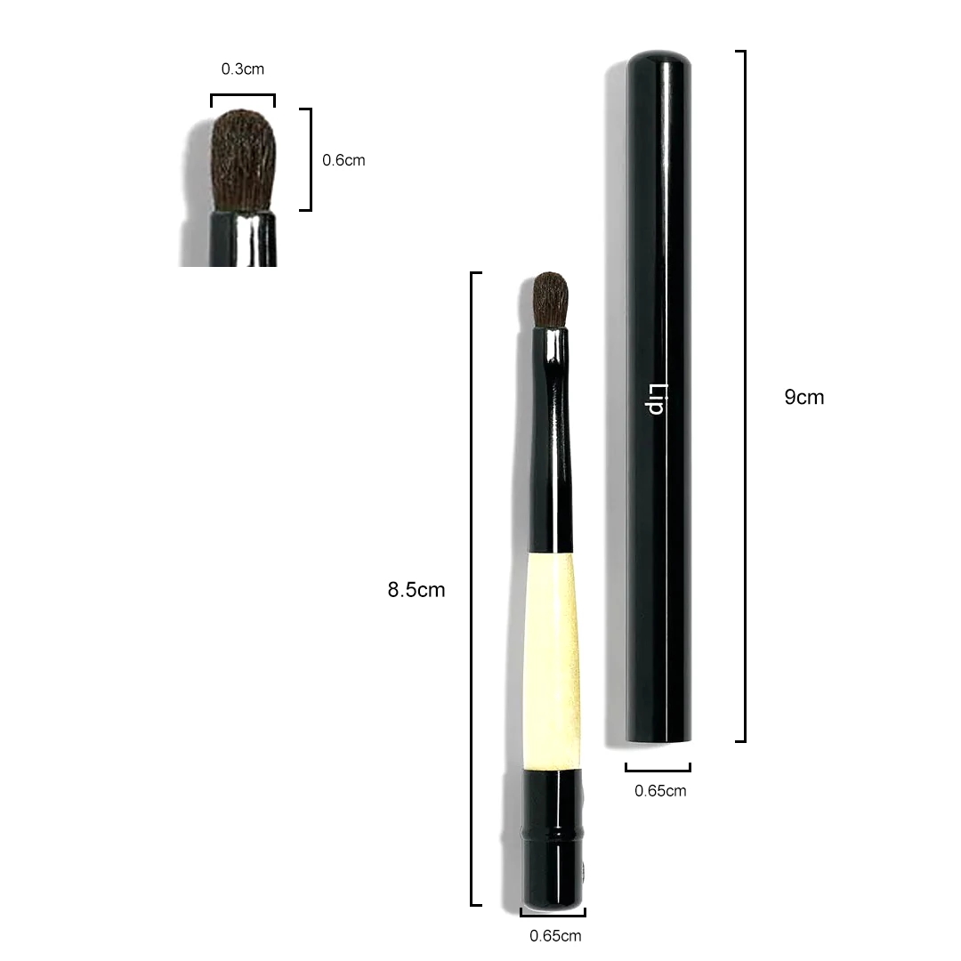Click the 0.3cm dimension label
click(243, 69)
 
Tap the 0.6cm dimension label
click(343, 160)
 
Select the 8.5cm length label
click(416, 590)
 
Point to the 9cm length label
click(804, 397)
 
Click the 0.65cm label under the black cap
click(660, 791)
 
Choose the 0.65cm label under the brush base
click(555, 936)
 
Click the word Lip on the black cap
click(658, 400)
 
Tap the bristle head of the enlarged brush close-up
click(243, 160)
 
